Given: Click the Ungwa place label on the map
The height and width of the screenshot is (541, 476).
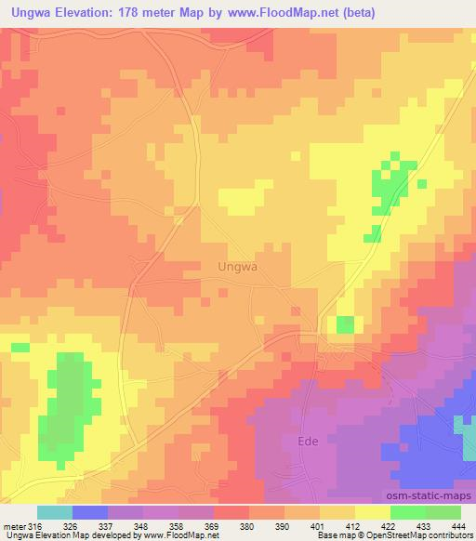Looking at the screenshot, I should click(x=236, y=266).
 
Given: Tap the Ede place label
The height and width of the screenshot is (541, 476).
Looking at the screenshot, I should click(x=309, y=441).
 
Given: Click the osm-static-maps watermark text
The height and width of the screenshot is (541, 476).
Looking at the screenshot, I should click(x=430, y=496).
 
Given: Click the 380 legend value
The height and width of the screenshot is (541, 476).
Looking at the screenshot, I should click(x=248, y=525).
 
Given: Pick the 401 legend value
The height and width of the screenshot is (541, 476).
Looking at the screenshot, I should click(x=319, y=525).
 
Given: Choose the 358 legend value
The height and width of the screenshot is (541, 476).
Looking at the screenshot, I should click(x=178, y=525).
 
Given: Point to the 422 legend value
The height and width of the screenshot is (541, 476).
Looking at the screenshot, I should click(x=390, y=525).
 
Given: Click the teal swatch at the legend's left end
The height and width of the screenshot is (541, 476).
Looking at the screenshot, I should click(x=55, y=512).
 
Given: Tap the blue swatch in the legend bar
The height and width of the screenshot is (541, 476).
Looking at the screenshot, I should click(x=90, y=512).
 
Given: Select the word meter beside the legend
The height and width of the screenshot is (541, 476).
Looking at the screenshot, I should click(x=14, y=525).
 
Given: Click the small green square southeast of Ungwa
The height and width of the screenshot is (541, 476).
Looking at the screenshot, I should click(x=345, y=323).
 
